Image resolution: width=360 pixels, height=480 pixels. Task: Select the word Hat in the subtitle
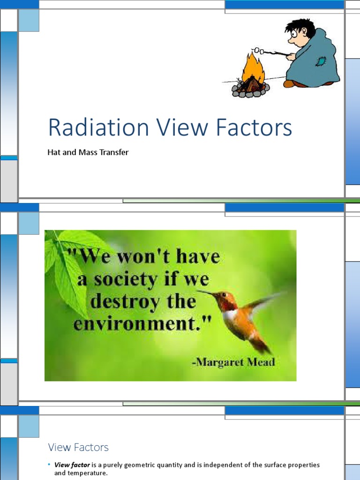pyautogui.click(x=53, y=152)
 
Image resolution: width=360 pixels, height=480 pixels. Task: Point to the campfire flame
pyautogui.click(x=253, y=68)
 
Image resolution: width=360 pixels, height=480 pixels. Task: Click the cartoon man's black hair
pyautogui.click(x=301, y=26)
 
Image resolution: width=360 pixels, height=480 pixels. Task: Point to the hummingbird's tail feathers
pyautogui.click(x=261, y=346)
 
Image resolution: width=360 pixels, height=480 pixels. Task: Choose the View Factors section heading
pyautogui.click(x=78, y=447)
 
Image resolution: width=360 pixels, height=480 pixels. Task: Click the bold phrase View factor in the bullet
pyautogui.click(x=72, y=465)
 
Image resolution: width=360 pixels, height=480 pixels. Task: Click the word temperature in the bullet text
pyautogui.click(x=87, y=473)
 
